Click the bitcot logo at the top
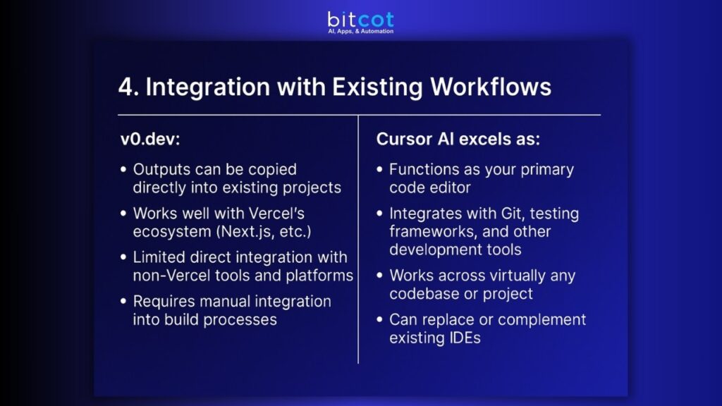tap(360, 19)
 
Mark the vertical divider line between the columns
tap(358, 240)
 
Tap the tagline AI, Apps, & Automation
tap(360, 32)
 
